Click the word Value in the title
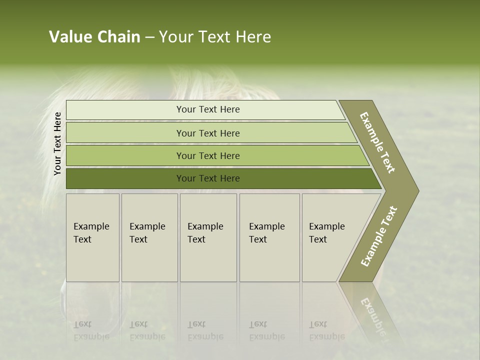point(69,37)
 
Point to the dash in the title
point(149,37)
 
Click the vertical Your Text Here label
point(57,143)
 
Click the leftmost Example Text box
point(92,237)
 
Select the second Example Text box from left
point(149,237)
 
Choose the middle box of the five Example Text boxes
point(208,237)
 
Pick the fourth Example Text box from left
point(269,237)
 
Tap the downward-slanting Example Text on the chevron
point(377,142)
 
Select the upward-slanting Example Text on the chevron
point(379,236)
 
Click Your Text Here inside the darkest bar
point(208,178)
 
